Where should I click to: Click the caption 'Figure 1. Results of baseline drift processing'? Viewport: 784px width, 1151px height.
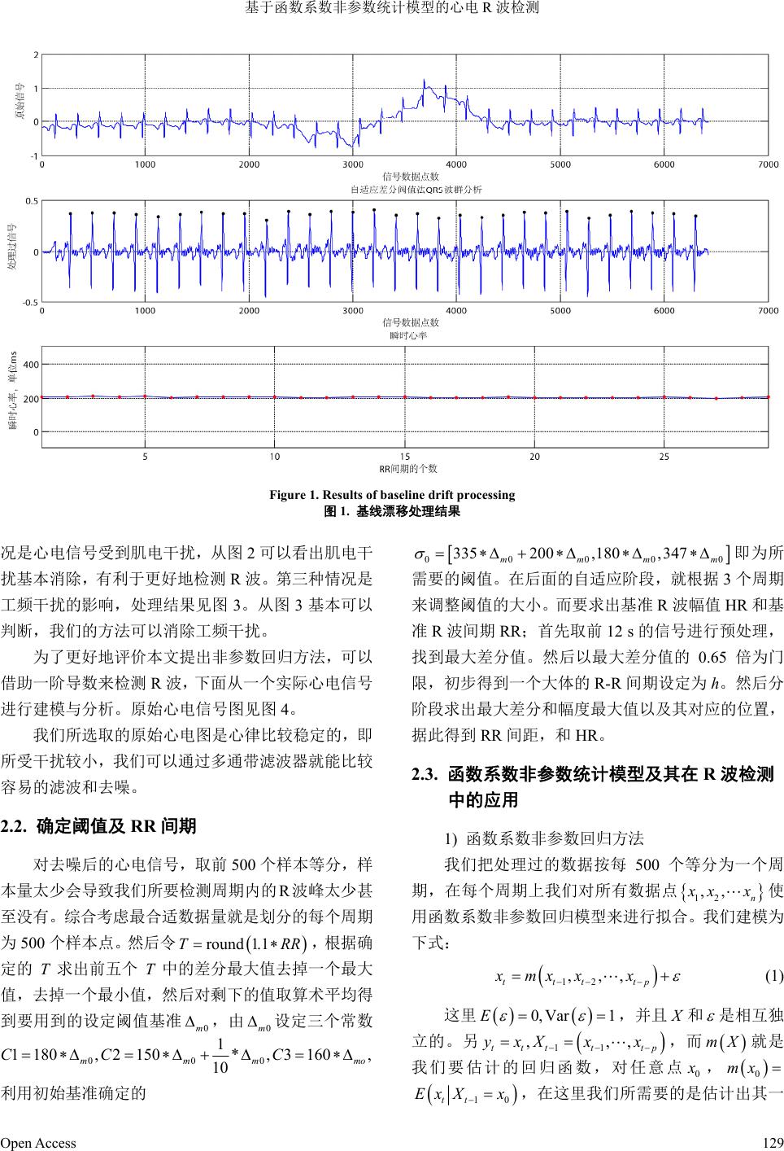pyautogui.click(x=392, y=495)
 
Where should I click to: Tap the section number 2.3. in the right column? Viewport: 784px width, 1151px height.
pyautogui.click(x=427, y=775)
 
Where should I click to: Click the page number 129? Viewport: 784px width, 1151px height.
pyautogui.click(x=773, y=1142)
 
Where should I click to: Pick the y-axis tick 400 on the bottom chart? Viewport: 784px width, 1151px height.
pyautogui.click(x=29, y=364)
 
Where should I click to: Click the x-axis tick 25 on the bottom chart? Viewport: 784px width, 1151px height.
pyautogui.click(x=664, y=457)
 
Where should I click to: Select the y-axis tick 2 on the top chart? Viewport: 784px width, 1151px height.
pyautogui.click(x=36, y=55)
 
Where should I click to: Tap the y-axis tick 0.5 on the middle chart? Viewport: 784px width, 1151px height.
pyautogui.click(x=31, y=200)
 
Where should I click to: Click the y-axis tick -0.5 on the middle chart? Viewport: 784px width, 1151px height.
pyautogui.click(x=29, y=302)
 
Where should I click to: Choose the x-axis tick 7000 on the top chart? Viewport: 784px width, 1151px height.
pyautogui.click(x=767, y=164)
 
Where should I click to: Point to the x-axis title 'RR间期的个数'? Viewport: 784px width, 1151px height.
pyautogui.click(x=408, y=468)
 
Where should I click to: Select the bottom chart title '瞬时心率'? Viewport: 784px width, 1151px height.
pyautogui.click(x=409, y=335)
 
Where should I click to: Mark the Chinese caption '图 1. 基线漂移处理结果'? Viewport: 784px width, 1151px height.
pyautogui.click(x=392, y=511)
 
